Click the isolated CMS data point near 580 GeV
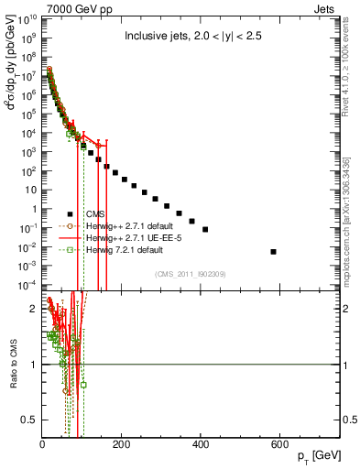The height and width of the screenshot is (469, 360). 274,251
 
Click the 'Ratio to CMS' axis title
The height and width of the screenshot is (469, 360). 12,366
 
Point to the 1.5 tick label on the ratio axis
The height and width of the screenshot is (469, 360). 29,336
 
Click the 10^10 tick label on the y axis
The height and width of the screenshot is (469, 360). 27,17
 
